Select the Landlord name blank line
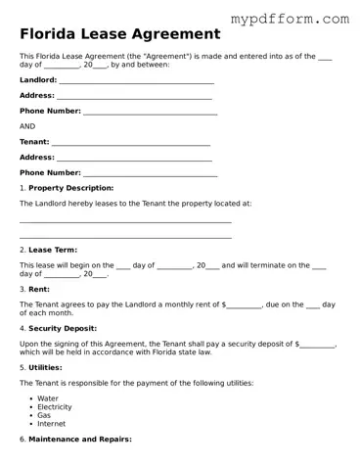(x=137, y=81)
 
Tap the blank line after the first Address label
(x=134, y=97)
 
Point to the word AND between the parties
(x=27, y=126)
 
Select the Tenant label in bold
(x=34, y=142)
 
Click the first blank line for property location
(x=125, y=222)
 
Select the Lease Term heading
(x=53, y=251)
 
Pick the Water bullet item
(x=48, y=398)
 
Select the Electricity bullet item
(x=55, y=407)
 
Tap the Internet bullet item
(x=52, y=424)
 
